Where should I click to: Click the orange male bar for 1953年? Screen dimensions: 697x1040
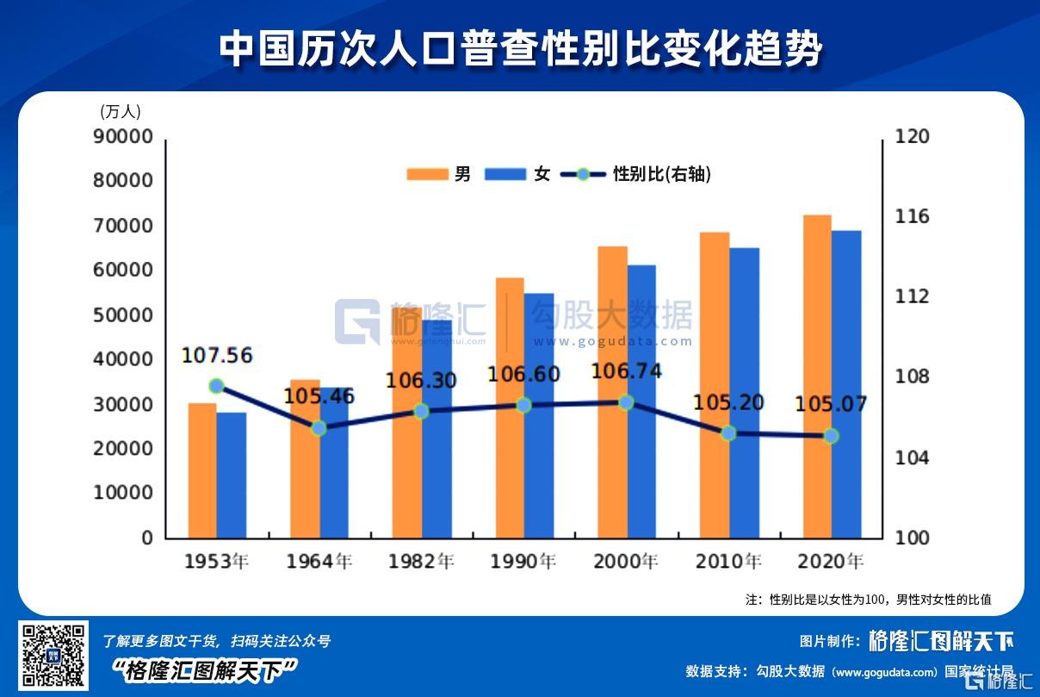(x=202, y=470)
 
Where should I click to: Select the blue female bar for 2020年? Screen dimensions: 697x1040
(x=846, y=384)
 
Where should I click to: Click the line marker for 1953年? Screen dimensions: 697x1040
(x=217, y=386)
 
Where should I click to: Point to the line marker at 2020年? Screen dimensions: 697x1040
(x=831, y=436)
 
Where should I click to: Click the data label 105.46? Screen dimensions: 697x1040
(x=319, y=396)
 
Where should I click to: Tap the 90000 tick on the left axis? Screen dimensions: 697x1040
(x=122, y=136)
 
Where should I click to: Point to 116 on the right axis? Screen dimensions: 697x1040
(x=913, y=216)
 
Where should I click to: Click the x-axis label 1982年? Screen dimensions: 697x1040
(x=421, y=562)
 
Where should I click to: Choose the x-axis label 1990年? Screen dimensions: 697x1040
(x=523, y=562)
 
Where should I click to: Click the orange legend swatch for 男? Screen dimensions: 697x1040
(x=428, y=174)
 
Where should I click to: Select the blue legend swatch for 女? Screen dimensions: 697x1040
(x=505, y=174)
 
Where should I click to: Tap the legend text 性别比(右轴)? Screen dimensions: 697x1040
(x=661, y=174)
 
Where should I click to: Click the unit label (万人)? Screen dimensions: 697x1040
(x=121, y=111)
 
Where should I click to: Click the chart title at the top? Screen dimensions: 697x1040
(x=520, y=49)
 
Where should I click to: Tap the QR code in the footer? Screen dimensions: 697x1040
(x=53, y=655)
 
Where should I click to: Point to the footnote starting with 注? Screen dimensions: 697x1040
(x=868, y=599)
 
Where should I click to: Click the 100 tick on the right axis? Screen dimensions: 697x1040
(x=913, y=538)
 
